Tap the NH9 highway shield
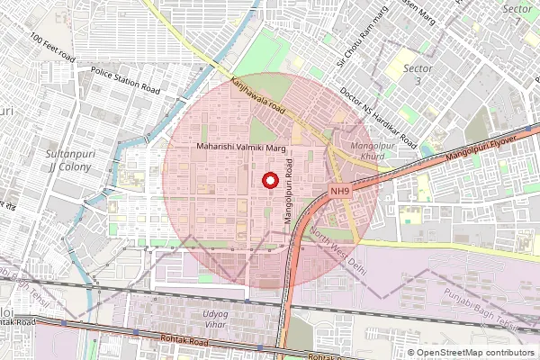pos(339,191)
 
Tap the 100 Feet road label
pos(52,49)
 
